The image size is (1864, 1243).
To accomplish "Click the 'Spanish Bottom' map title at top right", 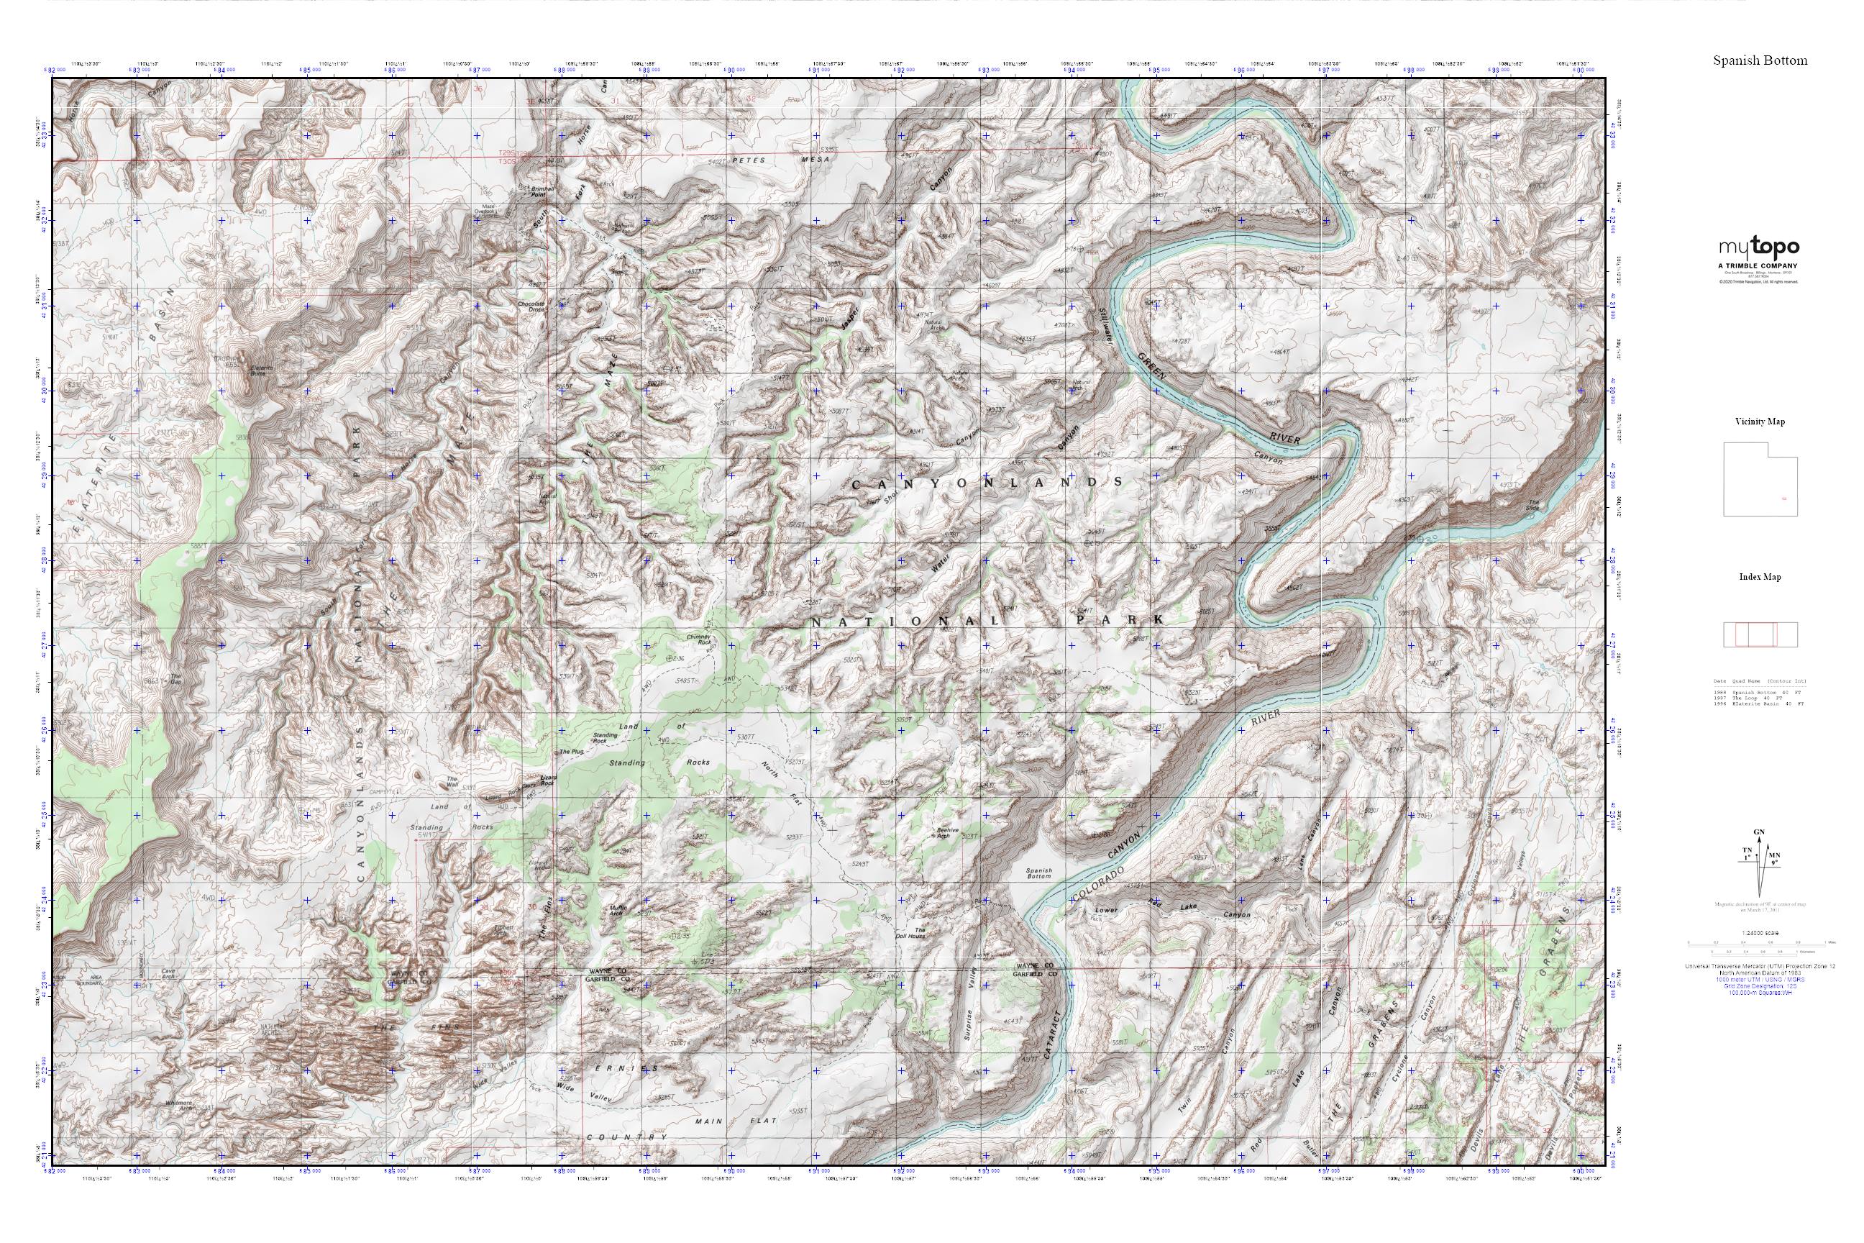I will click(1760, 61).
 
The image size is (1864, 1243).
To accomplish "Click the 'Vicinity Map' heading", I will click(1760, 422).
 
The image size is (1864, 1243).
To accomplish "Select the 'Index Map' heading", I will click(1760, 577).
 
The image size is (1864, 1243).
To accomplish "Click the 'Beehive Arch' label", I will click(949, 832).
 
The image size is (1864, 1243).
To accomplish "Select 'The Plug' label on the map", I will click(570, 751).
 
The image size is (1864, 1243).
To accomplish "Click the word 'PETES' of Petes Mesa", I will click(749, 160).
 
